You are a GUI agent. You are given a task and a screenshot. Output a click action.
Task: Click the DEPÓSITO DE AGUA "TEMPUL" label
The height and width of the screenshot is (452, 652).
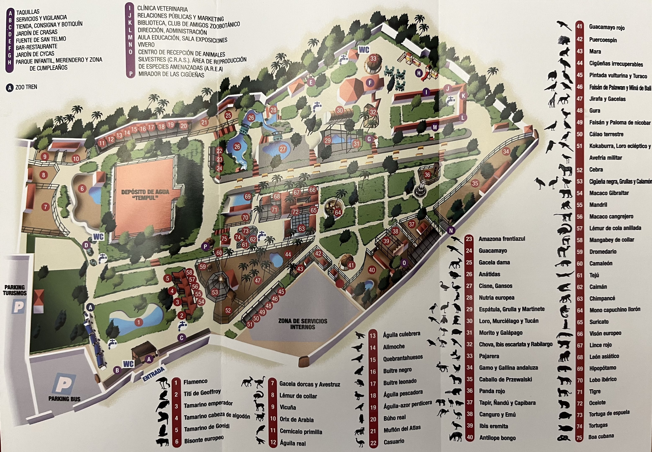tap(145, 195)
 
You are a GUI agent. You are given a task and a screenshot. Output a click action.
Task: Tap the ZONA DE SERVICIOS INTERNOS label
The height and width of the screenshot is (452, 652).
tap(303, 324)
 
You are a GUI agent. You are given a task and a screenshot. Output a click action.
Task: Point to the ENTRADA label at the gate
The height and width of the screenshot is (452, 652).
tap(153, 374)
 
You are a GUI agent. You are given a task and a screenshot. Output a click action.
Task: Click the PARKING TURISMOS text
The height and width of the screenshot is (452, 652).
tap(15, 290)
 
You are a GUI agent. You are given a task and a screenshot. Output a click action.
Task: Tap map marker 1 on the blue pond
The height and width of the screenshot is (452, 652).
tap(139, 322)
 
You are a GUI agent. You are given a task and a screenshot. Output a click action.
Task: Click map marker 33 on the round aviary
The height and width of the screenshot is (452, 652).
tap(373, 59)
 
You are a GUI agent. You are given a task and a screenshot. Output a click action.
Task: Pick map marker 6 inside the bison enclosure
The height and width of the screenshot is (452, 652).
tap(82, 189)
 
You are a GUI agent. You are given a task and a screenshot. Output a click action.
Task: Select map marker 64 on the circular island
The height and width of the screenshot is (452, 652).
tap(338, 212)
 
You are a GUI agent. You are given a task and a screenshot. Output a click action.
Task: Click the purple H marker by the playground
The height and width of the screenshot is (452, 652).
tap(419, 73)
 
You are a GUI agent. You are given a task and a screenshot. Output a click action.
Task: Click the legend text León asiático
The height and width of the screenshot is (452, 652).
tap(604, 356)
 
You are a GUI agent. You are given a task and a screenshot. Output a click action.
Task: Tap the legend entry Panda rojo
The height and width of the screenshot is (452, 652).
tap(492, 391)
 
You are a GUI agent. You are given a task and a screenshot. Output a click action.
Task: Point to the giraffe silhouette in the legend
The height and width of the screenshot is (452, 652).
tap(552, 99)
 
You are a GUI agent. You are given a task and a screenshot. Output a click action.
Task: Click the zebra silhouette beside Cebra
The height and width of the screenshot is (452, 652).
tap(565, 170)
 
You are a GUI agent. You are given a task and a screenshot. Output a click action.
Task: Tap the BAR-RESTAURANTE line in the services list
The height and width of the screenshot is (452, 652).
tap(37, 47)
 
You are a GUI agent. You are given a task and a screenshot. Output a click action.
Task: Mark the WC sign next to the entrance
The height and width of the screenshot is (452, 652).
tap(128, 364)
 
